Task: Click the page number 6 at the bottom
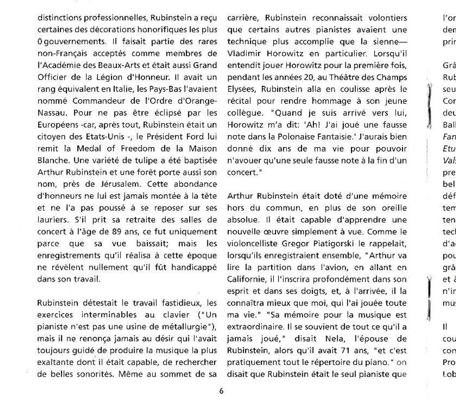221,391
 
